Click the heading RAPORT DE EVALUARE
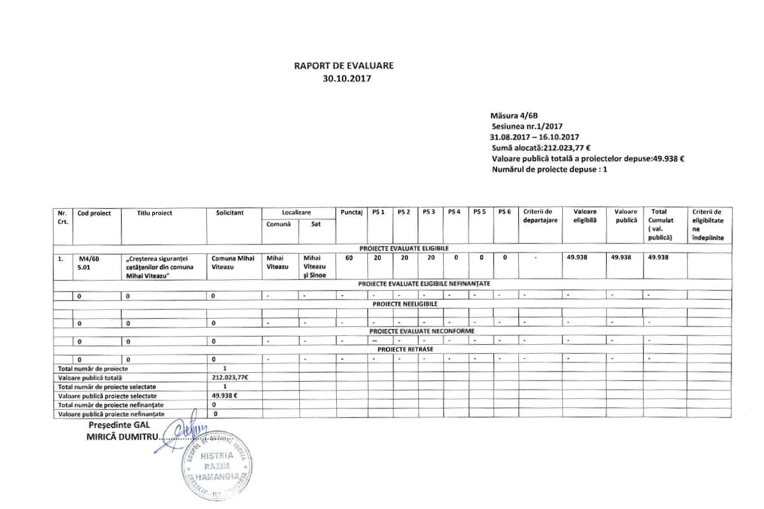pos(348,66)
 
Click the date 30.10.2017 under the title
pos(347,79)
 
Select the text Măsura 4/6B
pos(514,116)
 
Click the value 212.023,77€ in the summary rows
pos(229,377)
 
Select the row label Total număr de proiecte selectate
pos(108,386)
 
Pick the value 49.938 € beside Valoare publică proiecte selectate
pos(225,395)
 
